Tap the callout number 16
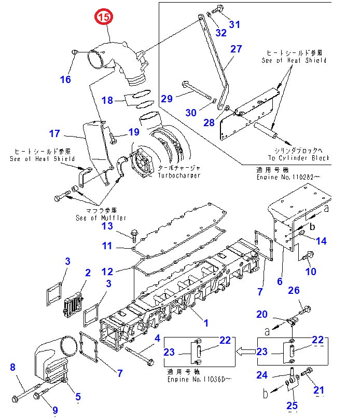pos(65,79)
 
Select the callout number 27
pos(236,49)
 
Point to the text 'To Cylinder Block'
pos(298,158)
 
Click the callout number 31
pos(234,24)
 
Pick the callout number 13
pos(107,226)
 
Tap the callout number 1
pos(205,323)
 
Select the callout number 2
pos(88,273)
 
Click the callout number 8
pos(13,368)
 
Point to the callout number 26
pos(294,290)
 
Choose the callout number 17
pos(55,133)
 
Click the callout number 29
pos(167,99)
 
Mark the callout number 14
pos(322,240)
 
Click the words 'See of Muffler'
pos(101,218)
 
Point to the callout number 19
pos(134,132)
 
